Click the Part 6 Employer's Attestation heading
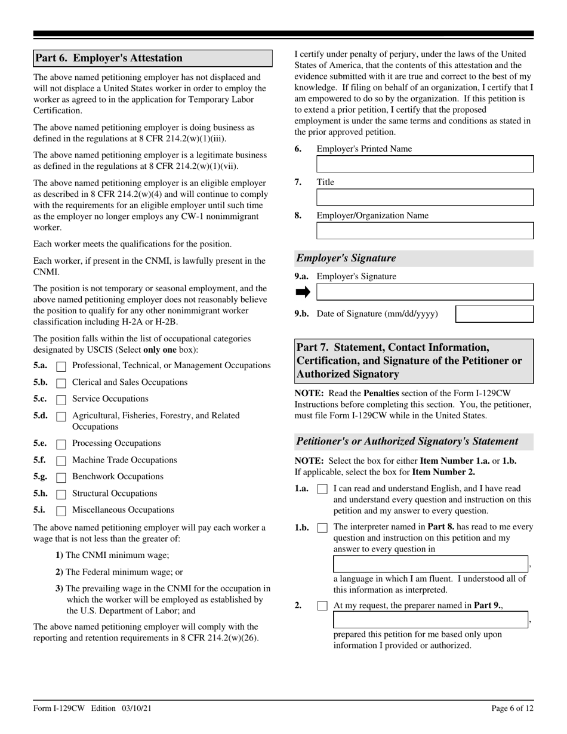tap(109, 58)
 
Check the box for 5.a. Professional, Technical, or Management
tap(61, 366)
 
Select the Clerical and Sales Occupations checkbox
tap(61, 383)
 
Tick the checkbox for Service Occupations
tap(61, 400)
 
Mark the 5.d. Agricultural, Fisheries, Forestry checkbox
tap(61, 417)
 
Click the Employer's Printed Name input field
tap(425, 165)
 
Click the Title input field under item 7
tap(425, 198)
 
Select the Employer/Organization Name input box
tap(425, 231)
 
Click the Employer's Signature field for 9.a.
tap(425, 292)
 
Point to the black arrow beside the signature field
tap(303, 292)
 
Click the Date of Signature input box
tap(495, 314)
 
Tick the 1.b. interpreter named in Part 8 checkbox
tap(322, 528)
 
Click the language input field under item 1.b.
tap(430, 564)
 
